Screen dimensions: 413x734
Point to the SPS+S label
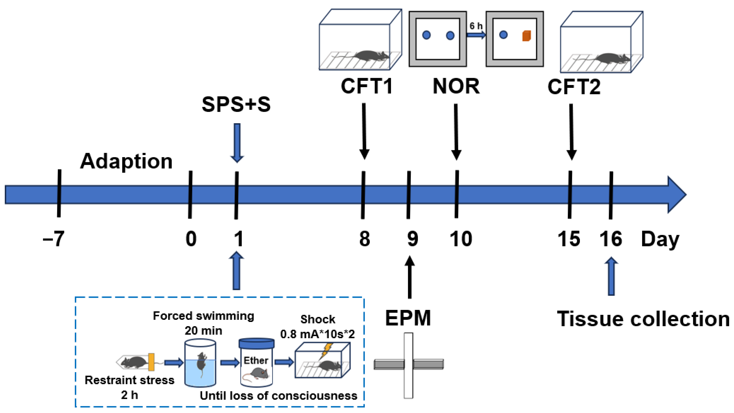pyautogui.click(x=236, y=104)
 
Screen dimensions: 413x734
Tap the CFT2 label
pyautogui.click(x=574, y=87)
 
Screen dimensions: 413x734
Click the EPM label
pyautogui.click(x=408, y=318)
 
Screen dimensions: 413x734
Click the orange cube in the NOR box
pyautogui.click(x=526, y=36)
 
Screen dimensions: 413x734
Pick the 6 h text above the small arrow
pyautogui.click(x=476, y=26)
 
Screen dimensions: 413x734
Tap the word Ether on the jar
pyautogui.click(x=255, y=360)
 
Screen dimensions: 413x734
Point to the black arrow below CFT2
pyautogui.click(x=571, y=131)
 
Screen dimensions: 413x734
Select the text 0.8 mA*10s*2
pyautogui.click(x=318, y=334)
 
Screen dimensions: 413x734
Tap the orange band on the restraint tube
pyautogui.click(x=151, y=362)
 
